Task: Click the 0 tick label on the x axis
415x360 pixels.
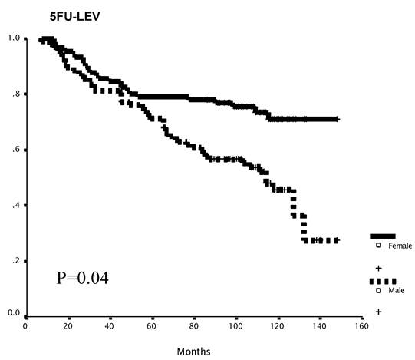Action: point(26,325)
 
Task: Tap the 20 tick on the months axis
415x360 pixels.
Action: point(68,325)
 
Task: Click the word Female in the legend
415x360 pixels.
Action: point(400,246)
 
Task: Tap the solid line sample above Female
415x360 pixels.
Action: point(383,236)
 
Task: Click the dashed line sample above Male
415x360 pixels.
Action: point(383,281)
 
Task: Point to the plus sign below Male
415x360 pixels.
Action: point(378,312)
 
